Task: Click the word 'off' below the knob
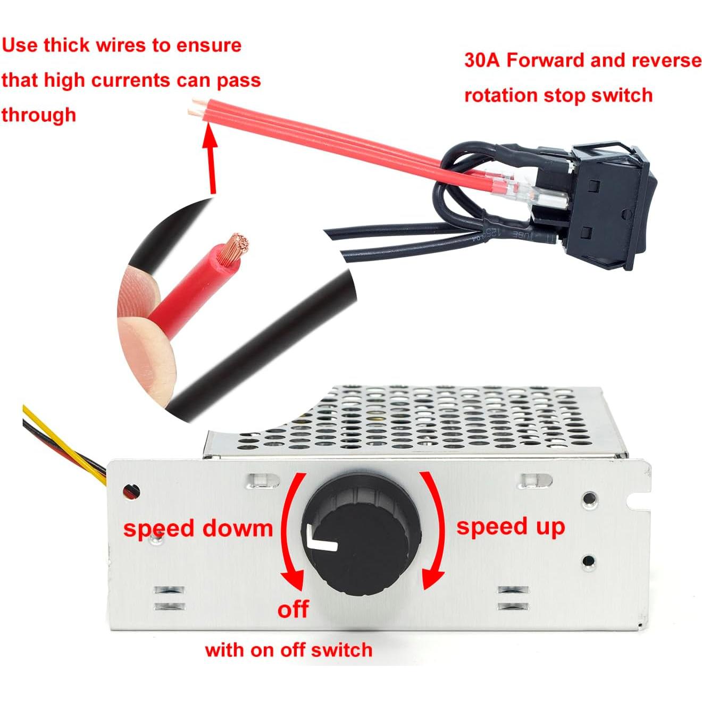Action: click(293, 609)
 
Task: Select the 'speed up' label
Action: click(511, 526)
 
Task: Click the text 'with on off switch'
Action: click(288, 650)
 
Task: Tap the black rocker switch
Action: click(612, 202)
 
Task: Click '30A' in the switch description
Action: click(482, 61)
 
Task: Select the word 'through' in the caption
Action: click(38, 115)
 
